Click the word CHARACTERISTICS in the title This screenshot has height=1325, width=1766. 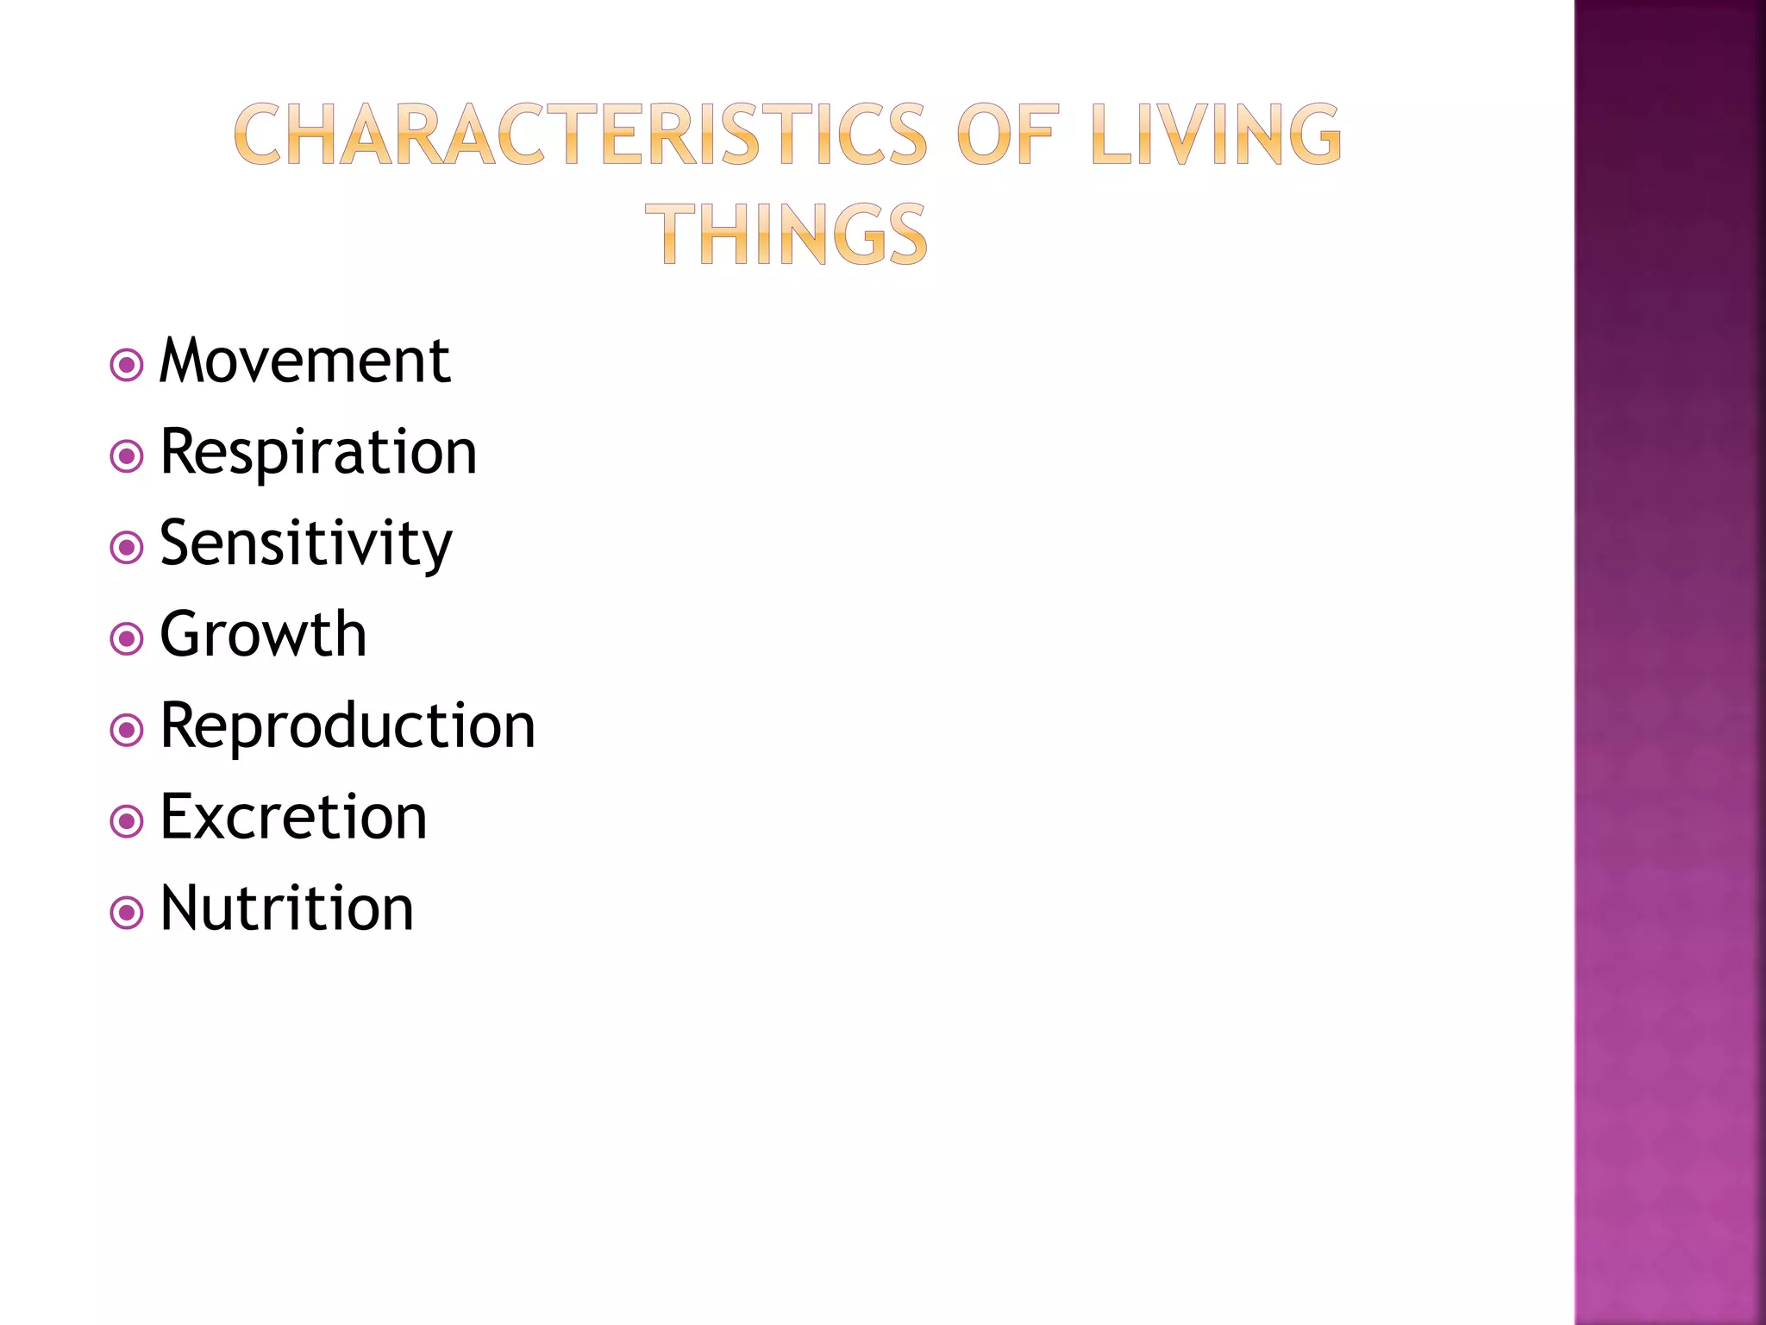[x=580, y=135]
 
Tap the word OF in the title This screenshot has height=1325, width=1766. [x=1006, y=135]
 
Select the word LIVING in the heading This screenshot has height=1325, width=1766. [x=1216, y=135]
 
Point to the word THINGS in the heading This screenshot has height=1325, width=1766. [x=786, y=235]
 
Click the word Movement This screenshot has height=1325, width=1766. [x=304, y=361]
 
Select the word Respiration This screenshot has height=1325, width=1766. [x=318, y=453]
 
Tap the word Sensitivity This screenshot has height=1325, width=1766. [x=306, y=544]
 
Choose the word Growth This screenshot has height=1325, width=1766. [x=263, y=636]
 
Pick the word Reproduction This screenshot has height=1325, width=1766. [x=348, y=727]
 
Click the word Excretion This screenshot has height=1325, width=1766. [x=293, y=818]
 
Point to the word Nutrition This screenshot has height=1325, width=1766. [x=287, y=909]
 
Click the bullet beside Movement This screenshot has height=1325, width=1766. [x=127, y=365]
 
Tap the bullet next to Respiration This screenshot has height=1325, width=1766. [x=127, y=456]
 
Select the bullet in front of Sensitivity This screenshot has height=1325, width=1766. [x=127, y=548]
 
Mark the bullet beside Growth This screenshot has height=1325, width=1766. [x=127, y=639]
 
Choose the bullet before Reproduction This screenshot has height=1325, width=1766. [x=127, y=731]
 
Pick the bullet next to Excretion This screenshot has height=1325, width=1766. [x=127, y=821]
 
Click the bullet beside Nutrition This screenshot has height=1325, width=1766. [x=127, y=913]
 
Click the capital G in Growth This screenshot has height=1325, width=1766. [x=181, y=636]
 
